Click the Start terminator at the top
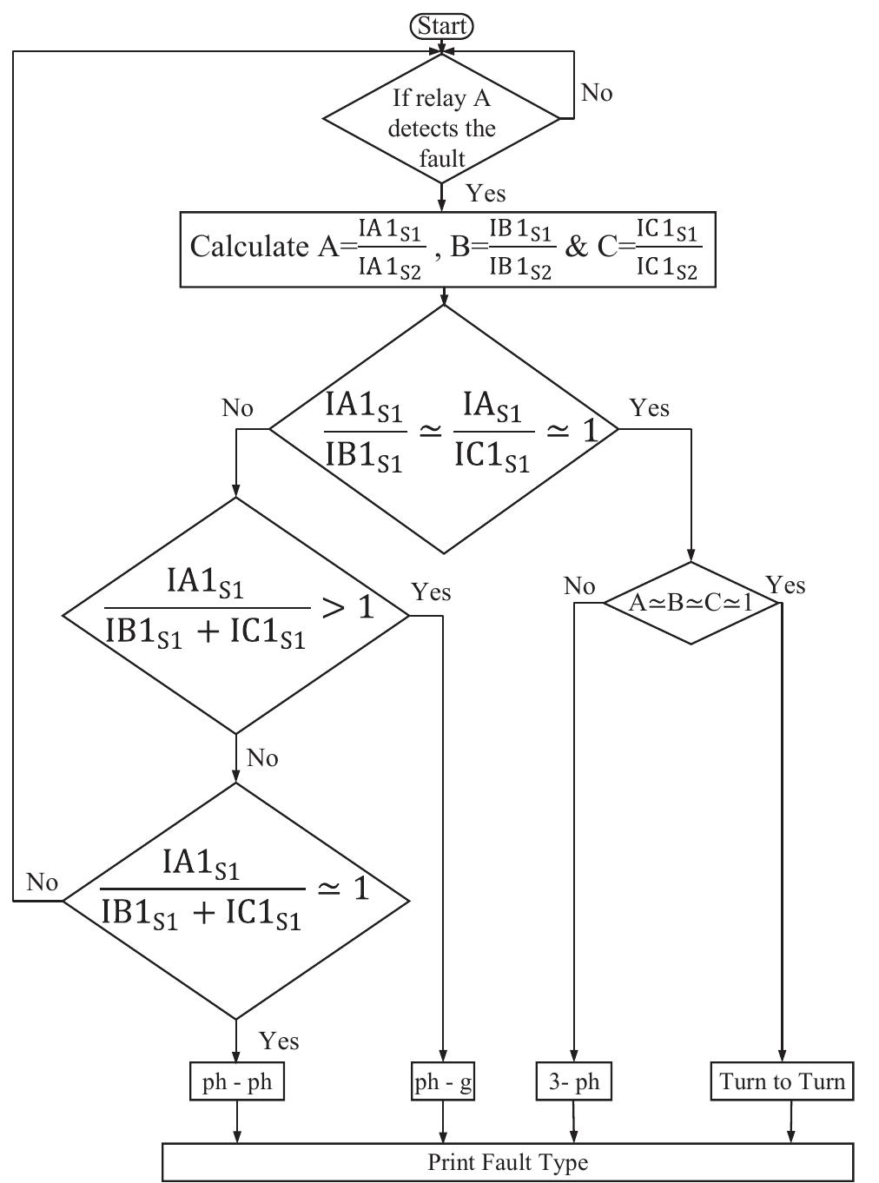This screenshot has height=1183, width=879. coord(441,27)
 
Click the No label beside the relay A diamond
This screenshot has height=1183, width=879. coord(596,93)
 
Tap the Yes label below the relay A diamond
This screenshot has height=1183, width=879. coord(485,194)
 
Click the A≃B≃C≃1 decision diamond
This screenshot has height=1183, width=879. coord(691,603)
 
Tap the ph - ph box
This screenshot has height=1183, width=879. coord(237,1082)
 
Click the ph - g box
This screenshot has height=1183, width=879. coord(443,1082)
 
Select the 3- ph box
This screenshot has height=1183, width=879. coord(573,1082)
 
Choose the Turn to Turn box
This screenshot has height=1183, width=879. coord(782,1082)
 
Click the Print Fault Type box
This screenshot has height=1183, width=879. coord(508,1162)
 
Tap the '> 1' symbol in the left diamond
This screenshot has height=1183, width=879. coord(347,607)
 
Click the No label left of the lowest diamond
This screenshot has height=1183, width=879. coord(42,882)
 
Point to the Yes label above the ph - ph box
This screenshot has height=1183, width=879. coord(279,1041)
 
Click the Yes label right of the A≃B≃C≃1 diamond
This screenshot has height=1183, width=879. coord(785,585)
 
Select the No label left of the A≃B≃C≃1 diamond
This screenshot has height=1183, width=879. coord(578,586)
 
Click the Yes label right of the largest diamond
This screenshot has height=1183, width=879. coord(649,407)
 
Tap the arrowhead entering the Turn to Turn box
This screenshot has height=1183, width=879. coord(782,1055)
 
